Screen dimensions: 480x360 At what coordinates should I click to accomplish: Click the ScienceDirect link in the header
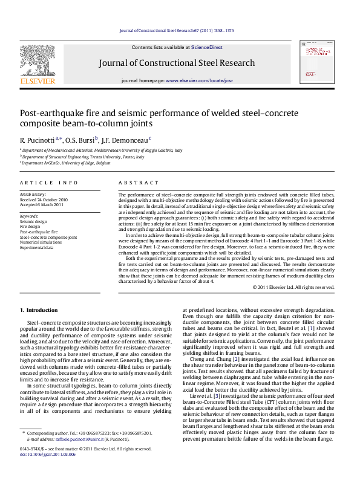click(207, 47)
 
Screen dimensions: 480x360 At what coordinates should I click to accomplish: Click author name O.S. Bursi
click(82, 140)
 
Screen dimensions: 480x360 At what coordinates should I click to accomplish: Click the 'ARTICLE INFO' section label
click(48, 182)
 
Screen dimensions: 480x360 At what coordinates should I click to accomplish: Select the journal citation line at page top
click(176, 30)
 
